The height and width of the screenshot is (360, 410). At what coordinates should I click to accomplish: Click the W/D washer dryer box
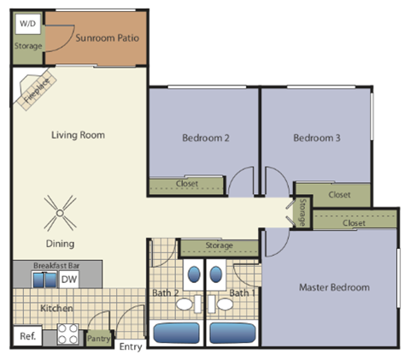click(27, 23)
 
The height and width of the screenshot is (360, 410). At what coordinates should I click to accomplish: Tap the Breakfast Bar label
click(56, 266)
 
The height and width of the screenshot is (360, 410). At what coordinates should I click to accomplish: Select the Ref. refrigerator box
click(27, 336)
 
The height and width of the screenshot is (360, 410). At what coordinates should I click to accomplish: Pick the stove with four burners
click(68, 334)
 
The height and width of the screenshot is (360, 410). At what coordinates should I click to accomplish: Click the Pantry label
click(99, 339)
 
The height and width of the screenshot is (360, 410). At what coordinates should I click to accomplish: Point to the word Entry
click(131, 346)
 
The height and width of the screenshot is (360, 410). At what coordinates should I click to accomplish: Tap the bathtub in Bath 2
click(178, 333)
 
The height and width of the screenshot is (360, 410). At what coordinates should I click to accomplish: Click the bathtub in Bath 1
click(232, 333)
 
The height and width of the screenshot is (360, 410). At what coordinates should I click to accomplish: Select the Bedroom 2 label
click(205, 138)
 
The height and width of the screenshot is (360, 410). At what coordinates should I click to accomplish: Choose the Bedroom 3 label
click(317, 138)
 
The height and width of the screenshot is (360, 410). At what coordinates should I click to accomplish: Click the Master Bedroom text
click(334, 287)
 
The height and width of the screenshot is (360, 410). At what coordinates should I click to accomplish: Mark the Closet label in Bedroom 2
click(187, 184)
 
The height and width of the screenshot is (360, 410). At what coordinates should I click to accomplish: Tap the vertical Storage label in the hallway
click(302, 213)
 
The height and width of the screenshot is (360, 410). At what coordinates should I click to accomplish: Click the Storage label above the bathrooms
click(219, 246)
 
